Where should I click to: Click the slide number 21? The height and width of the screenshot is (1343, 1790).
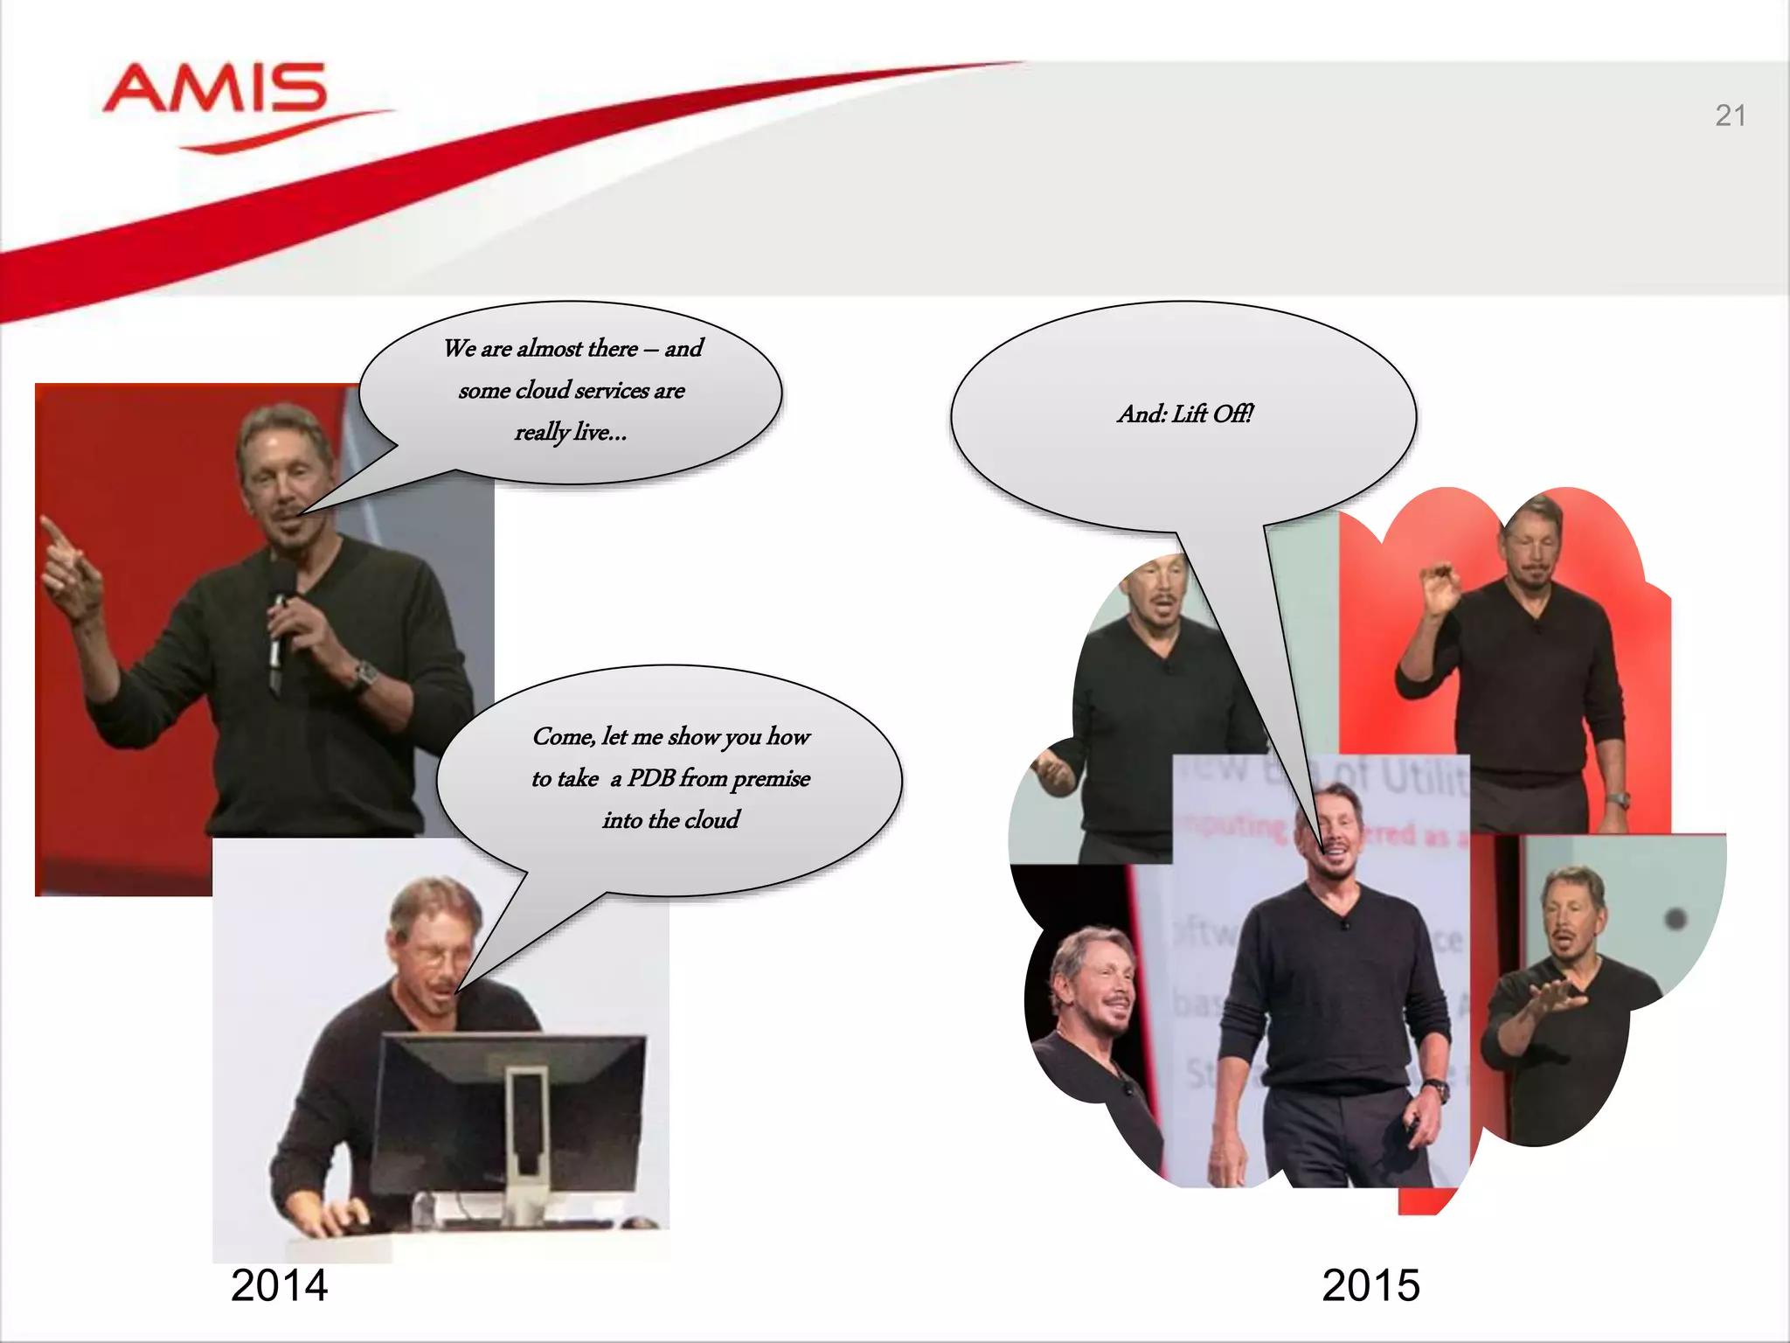(x=1730, y=115)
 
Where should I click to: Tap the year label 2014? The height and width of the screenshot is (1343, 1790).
(x=279, y=1285)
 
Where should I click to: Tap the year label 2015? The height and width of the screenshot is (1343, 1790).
(x=1370, y=1285)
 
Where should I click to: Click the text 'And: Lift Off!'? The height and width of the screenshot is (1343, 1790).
(x=1185, y=414)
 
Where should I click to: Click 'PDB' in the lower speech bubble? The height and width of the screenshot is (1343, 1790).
(x=651, y=777)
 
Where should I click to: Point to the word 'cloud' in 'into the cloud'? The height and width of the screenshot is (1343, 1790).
(x=711, y=819)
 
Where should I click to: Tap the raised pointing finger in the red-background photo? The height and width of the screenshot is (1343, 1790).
(x=53, y=531)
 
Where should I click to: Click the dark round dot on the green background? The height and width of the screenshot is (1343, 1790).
(x=1676, y=919)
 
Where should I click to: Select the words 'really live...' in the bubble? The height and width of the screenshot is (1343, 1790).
(x=571, y=432)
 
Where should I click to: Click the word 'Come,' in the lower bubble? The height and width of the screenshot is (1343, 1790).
(x=563, y=736)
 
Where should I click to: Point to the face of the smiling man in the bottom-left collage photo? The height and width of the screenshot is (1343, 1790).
(x=1097, y=984)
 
